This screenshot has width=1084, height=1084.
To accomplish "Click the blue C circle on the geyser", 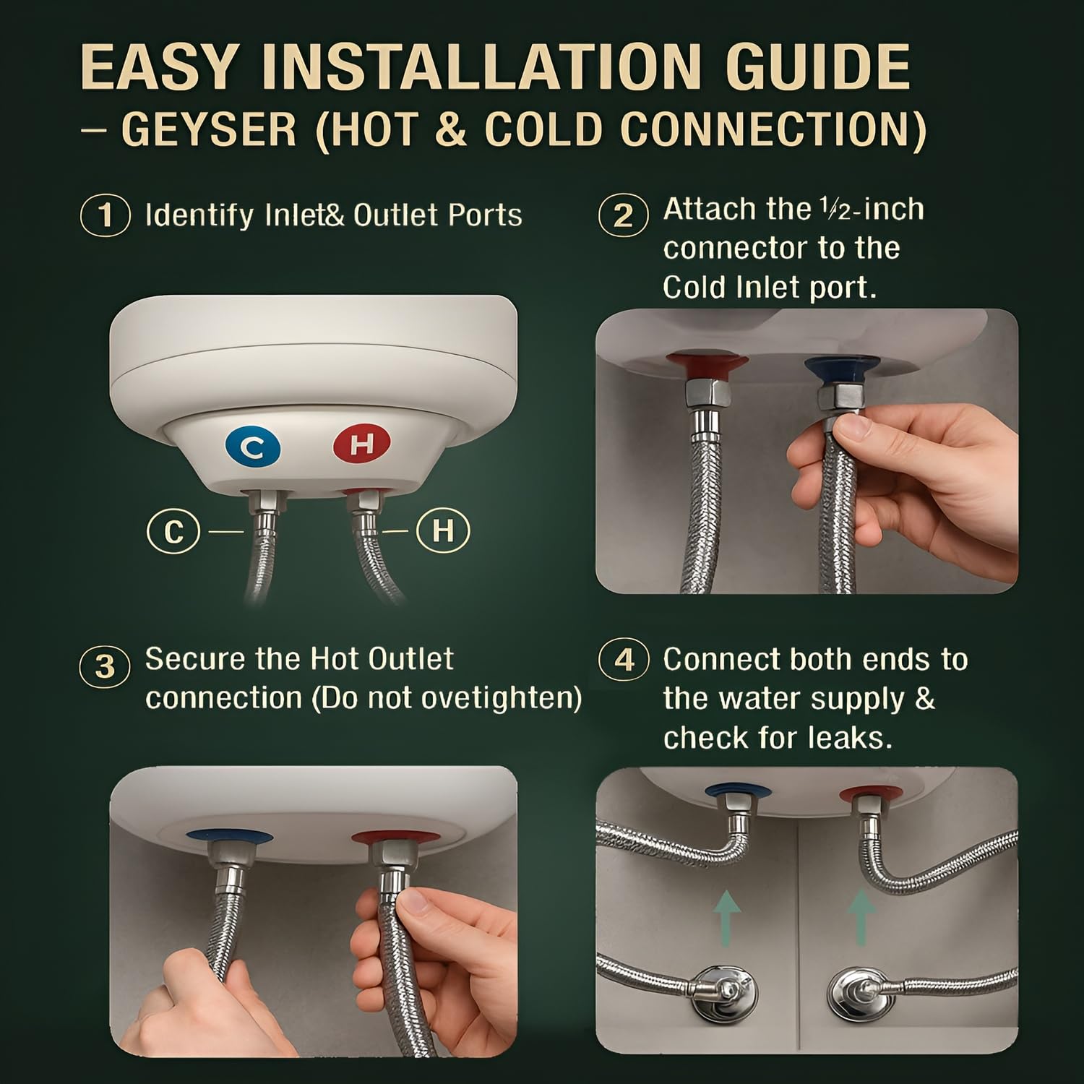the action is [x=252, y=448].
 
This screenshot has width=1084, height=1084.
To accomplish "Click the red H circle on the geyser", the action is [x=361, y=443].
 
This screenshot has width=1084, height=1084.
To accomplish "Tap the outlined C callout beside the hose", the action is [x=173, y=532].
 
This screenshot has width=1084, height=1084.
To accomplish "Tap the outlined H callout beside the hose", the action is [x=444, y=531].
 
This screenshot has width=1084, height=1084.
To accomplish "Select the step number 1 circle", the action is [x=106, y=215].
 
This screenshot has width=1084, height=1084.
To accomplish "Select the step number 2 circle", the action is [x=623, y=216].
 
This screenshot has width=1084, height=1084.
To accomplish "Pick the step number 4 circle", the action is [x=624, y=660].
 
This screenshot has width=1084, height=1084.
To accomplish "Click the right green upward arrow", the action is [x=861, y=917].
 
